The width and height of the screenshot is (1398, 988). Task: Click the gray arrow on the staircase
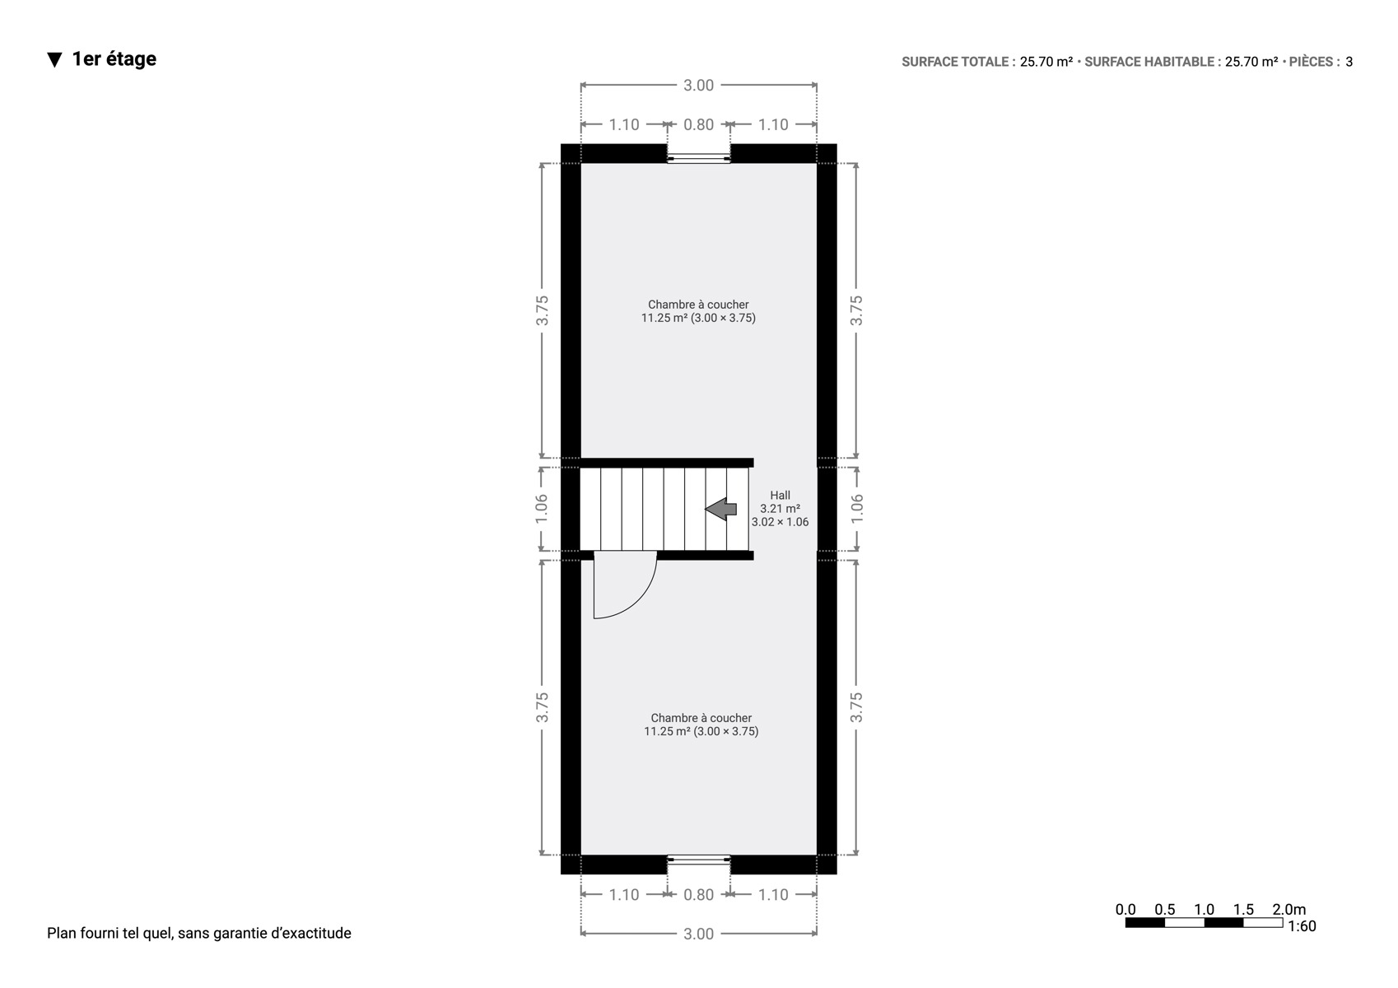pos(721,509)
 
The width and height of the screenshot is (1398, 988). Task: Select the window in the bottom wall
pos(698,860)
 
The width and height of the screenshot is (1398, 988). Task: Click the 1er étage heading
pos(114,58)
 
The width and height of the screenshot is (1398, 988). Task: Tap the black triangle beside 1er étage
pos(55,60)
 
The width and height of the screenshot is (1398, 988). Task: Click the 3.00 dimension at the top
pos(698,85)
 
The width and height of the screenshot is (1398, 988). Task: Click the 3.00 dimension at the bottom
pos(698,934)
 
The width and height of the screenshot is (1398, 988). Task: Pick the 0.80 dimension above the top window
pos(698,125)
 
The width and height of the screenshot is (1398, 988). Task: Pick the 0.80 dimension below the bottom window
pos(698,894)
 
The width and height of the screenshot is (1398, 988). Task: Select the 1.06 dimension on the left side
pos(542,509)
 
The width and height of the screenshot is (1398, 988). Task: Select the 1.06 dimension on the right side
pos(856,509)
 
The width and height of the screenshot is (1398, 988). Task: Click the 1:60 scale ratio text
pos(1302,926)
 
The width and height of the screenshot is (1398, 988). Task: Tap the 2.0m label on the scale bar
pos(1288,909)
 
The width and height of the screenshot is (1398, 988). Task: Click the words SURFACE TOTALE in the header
pos(955,62)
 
